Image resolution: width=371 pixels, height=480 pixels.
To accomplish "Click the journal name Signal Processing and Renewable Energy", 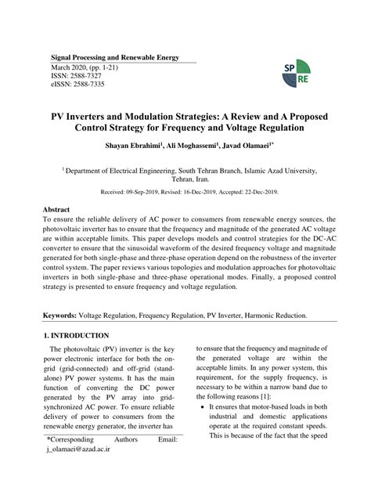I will click(x=115, y=58).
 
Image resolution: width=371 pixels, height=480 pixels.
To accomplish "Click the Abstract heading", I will click(x=56, y=211).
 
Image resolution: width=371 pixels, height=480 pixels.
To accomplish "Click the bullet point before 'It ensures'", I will click(x=203, y=408).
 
